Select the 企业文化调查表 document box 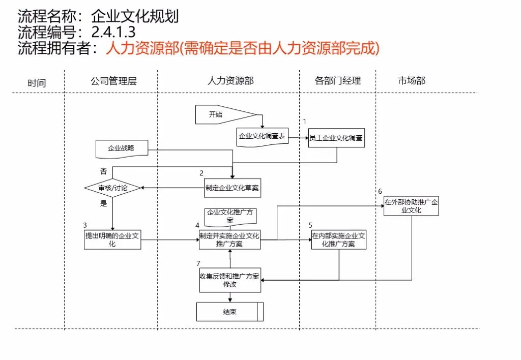coord(262,136)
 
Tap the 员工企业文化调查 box coord(336,137)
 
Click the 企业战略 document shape coord(121,148)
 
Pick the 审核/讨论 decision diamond coord(113,188)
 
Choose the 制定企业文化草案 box coord(232,188)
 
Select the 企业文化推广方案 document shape coord(230,216)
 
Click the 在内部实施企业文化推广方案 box coord(339,239)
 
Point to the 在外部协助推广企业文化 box coord(411,205)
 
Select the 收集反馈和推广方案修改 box coord(230,281)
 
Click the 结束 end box coord(230,312)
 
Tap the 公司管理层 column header coord(113,81)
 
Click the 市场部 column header coord(411,80)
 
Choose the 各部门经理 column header coord(338,80)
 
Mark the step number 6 coord(380,191)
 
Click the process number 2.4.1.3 coord(113,33)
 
